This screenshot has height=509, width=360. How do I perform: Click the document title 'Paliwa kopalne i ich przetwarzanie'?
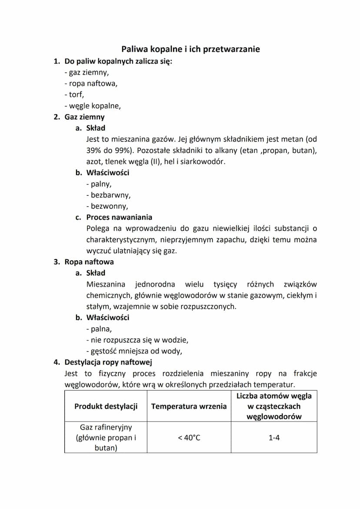pos(190,49)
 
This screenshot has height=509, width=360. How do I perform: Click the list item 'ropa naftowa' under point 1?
pos(92,83)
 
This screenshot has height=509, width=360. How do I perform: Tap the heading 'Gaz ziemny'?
pos(84,117)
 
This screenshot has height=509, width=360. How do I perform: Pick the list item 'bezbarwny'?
pos(109,195)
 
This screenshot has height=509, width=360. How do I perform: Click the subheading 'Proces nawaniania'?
pos(119,217)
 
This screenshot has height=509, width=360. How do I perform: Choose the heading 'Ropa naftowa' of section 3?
pos(89,262)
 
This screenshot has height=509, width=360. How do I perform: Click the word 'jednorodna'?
pos(155,284)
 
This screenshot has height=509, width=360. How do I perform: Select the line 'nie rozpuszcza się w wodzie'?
pos(138,340)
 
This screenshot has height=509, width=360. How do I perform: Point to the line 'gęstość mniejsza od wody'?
pos(135,351)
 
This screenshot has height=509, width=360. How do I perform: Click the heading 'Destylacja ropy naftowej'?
pos(108,362)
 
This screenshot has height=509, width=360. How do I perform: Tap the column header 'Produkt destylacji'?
pos(106,406)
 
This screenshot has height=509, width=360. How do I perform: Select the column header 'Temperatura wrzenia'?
pos(189,406)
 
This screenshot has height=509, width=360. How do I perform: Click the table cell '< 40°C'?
pos(189,438)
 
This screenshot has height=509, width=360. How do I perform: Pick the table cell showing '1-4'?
pos(274,438)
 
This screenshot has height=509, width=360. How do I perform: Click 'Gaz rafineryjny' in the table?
pos(106,428)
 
